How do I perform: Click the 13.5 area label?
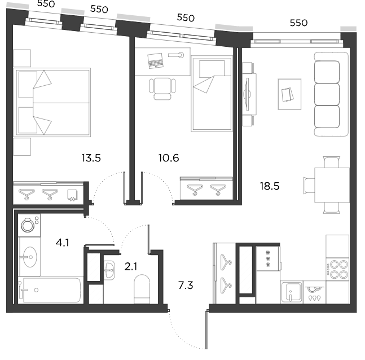(x=91, y=158)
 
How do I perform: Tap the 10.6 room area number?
(x=169, y=158)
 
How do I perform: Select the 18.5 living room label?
(x=270, y=186)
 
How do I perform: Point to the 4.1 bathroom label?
(x=63, y=243)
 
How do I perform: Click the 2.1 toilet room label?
(x=130, y=267)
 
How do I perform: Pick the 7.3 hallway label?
(x=186, y=286)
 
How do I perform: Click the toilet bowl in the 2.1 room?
(x=142, y=289)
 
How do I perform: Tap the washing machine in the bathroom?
(x=29, y=225)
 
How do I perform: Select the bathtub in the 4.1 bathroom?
(x=51, y=290)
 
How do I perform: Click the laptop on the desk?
(x=155, y=61)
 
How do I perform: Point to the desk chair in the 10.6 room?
(x=162, y=89)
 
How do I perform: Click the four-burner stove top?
(x=337, y=269)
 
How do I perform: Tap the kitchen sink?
(x=292, y=292)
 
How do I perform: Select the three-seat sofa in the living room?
(x=331, y=94)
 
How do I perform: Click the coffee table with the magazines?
(x=289, y=94)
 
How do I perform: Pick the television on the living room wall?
(x=247, y=94)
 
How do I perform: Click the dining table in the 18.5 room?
(x=332, y=185)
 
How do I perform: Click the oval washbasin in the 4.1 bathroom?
(x=30, y=257)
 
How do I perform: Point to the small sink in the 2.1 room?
(x=109, y=270)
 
